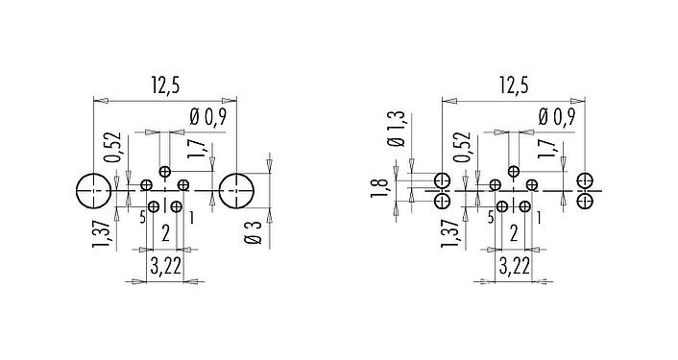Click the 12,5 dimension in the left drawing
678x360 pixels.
tap(164, 85)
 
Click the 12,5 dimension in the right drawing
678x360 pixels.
tap(514, 85)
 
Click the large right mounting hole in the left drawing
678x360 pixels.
tap(236, 192)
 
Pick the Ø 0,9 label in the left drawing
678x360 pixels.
tap(207, 117)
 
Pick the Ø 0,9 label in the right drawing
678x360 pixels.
tap(557, 117)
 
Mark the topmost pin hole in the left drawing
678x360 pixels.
tap(165, 173)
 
